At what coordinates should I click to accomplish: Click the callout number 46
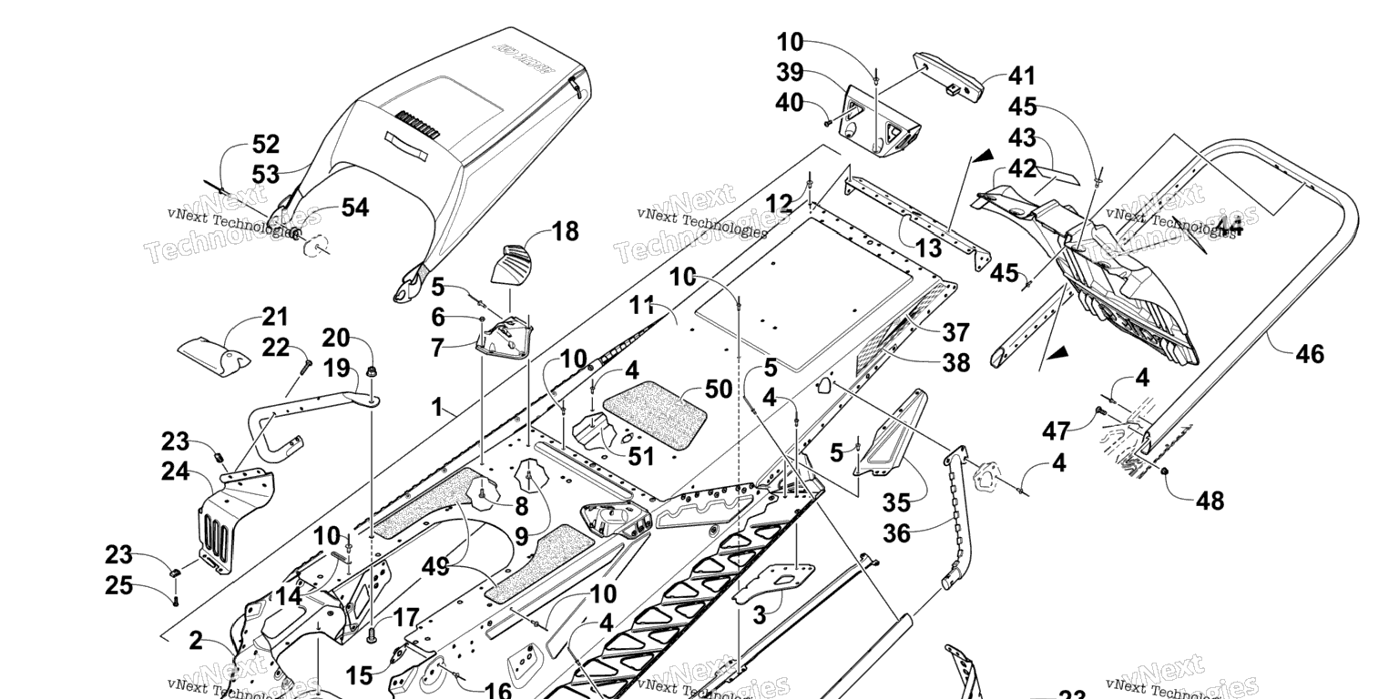[1310, 353]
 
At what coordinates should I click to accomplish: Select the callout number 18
[565, 231]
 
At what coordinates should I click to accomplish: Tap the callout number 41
[1021, 76]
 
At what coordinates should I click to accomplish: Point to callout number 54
[354, 208]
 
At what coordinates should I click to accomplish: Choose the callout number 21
[275, 318]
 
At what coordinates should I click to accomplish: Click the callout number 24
[177, 471]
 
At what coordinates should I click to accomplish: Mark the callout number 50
[719, 390]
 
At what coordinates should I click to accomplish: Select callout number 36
[897, 532]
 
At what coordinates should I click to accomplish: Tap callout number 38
[955, 363]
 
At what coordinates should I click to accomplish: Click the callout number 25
[119, 585]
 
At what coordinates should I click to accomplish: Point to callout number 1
[443, 407]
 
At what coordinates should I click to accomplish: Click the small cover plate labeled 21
[214, 355]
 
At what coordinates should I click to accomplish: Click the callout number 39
[790, 74]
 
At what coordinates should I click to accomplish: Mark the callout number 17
[404, 618]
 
